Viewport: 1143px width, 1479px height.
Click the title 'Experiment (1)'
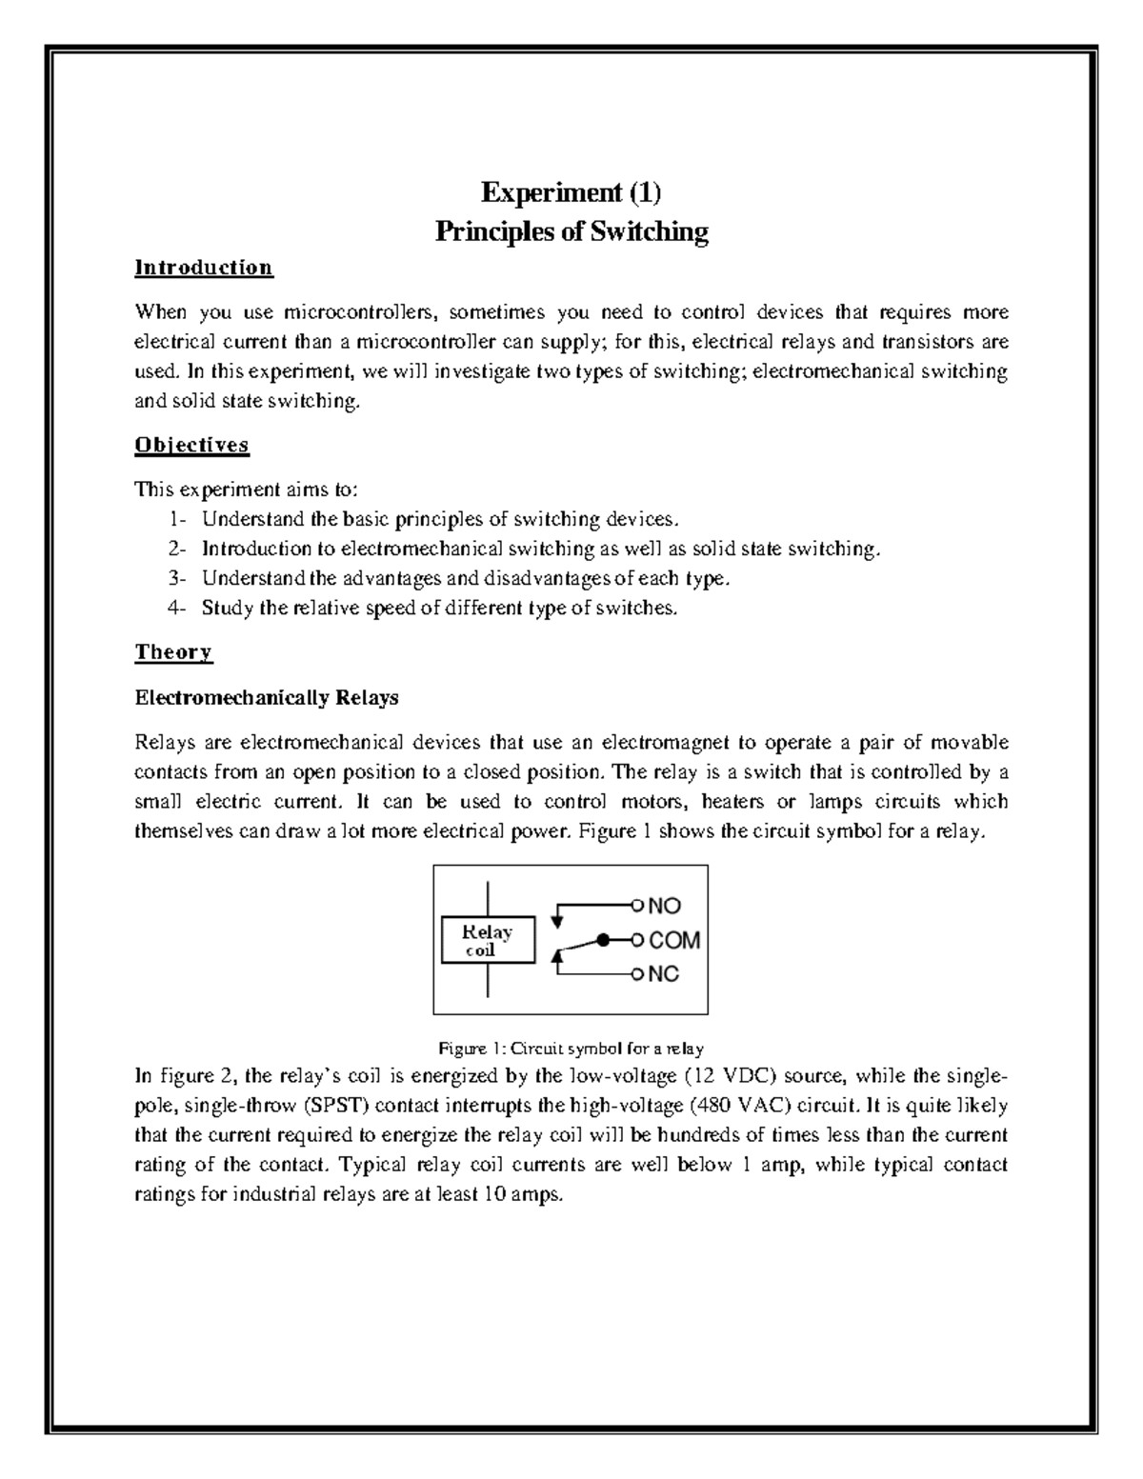coord(571,193)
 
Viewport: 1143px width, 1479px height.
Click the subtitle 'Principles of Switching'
coord(571,231)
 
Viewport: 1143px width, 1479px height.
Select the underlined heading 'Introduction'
coord(204,268)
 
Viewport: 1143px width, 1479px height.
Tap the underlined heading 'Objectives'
coord(191,445)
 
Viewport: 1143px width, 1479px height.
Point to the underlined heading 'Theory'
coord(173,652)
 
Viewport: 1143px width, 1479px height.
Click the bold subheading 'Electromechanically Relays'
coord(266,698)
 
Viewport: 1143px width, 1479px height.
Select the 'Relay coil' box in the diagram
coord(488,940)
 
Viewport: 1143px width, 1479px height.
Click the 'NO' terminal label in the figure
coord(665,907)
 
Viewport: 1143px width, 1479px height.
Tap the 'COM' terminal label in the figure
coord(674,941)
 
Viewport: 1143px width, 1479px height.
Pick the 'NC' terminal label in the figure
coord(664,975)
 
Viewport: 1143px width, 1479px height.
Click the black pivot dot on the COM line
coord(603,940)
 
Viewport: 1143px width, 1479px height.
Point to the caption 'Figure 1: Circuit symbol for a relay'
coord(571,1049)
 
